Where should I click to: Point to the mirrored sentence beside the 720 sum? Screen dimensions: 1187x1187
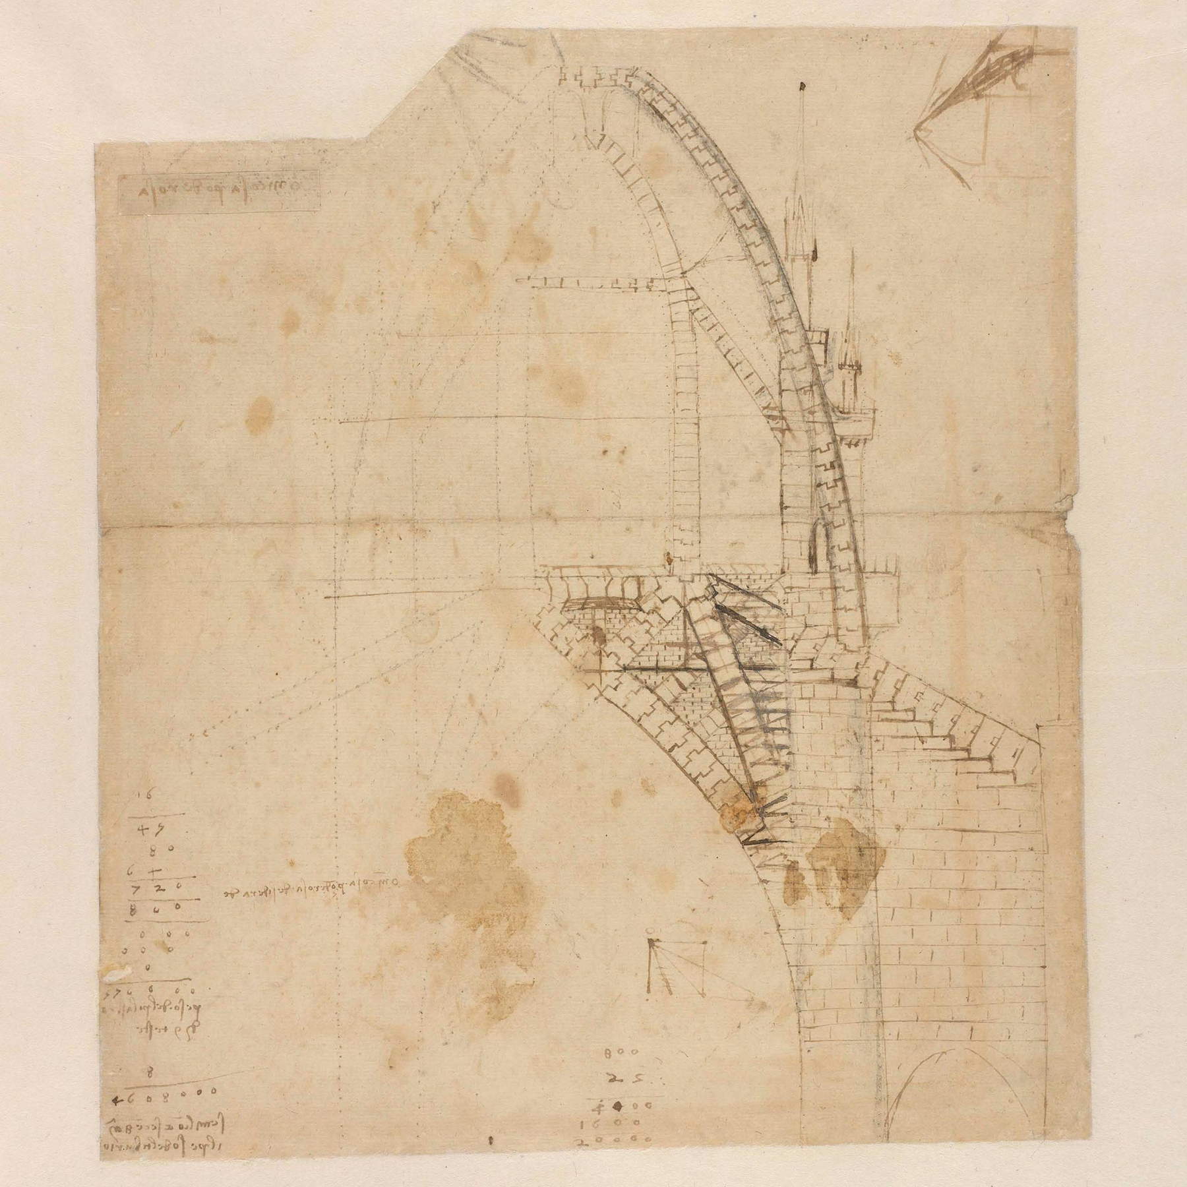(x=310, y=888)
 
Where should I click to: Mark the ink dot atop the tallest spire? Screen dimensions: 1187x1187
(x=802, y=87)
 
